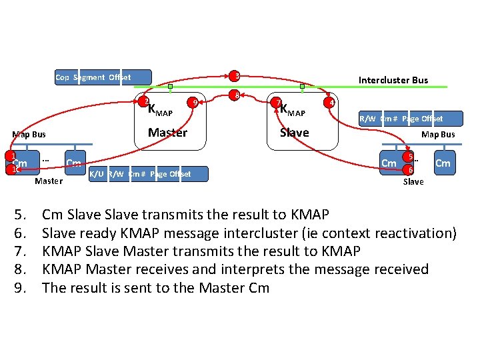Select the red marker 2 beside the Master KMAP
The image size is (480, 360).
[144, 101]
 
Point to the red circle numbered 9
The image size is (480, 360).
[193, 102]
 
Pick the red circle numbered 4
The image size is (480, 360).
[329, 102]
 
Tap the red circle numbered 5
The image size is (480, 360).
[411, 158]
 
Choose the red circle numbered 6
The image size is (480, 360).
[411, 169]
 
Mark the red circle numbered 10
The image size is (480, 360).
[10, 169]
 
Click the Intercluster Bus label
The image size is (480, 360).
[393, 80]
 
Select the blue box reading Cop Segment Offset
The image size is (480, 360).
[103, 77]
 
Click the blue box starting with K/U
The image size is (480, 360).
[147, 174]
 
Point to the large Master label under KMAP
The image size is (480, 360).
[167, 133]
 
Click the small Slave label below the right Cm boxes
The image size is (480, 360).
[413, 181]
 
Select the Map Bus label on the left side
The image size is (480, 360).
[29, 134]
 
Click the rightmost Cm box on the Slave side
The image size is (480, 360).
[443, 163]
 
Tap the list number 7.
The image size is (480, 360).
[20, 251]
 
